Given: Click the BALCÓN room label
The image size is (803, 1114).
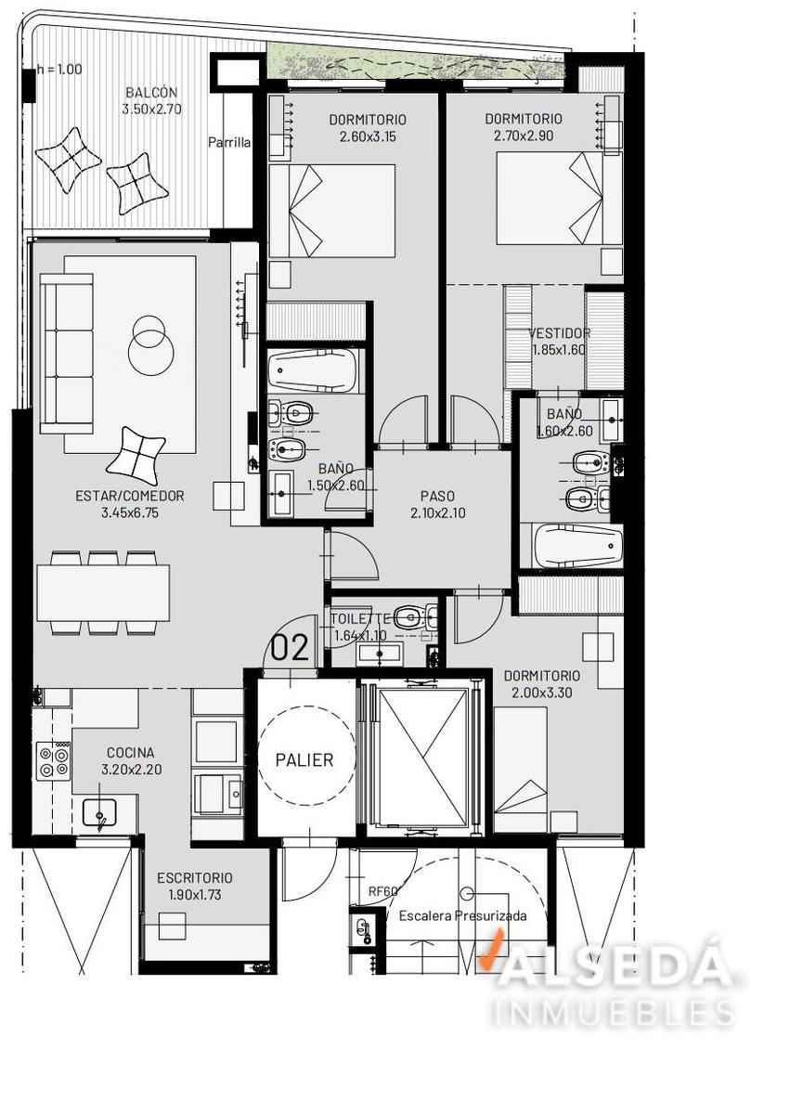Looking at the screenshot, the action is (x=151, y=93).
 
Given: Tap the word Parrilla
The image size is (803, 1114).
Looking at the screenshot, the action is (x=229, y=143).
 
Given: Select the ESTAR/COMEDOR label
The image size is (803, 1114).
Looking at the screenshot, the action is (x=130, y=496).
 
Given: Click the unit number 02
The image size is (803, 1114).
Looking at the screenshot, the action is (x=290, y=649).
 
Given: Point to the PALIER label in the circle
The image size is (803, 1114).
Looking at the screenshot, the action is (x=304, y=760).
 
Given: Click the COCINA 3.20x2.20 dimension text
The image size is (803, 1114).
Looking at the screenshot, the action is (x=132, y=770).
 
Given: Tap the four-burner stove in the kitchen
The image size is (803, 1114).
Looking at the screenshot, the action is (x=54, y=761).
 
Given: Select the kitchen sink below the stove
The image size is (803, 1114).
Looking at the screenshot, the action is (x=99, y=813).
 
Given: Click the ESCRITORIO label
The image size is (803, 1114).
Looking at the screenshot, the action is (x=195, y=878).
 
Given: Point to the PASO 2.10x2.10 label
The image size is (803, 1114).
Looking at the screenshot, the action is (x=438, y=504).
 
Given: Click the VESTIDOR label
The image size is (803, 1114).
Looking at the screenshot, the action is (x=560, y=332).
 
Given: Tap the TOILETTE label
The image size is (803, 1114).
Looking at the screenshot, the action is (x=360, y=619).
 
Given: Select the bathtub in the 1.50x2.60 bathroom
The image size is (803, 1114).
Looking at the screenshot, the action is (x=313, y=371).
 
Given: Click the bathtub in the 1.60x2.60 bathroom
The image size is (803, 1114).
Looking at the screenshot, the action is (x=577, y=546).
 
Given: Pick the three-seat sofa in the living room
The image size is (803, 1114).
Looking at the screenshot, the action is (x=67, y=354).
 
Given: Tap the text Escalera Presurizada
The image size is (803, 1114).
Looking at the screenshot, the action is (x=463, y=915).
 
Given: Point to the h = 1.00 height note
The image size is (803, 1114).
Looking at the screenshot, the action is (x=59, y=69).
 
